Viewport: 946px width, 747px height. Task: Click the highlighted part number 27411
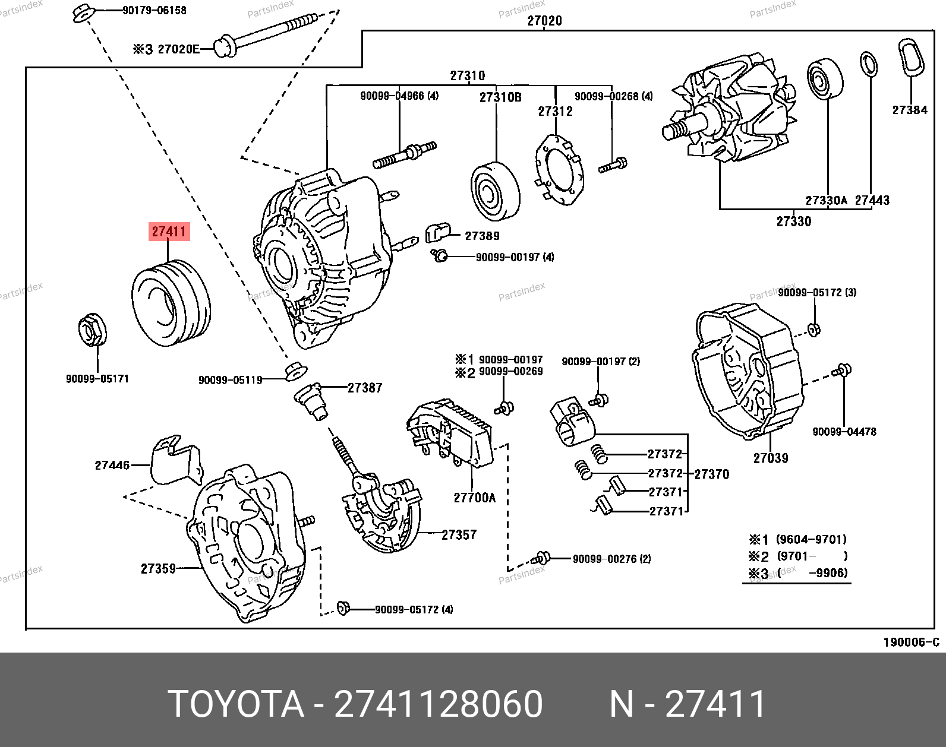coord(169,231)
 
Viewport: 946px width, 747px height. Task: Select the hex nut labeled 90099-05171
coord(92,330)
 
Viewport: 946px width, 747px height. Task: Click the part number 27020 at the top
coord(544,21)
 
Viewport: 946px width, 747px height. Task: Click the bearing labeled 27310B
coord(496,190)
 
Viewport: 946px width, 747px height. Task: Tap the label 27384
coord(909,110)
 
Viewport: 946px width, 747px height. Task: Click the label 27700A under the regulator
coord(474,498)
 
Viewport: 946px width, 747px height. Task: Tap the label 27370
coord(711,474)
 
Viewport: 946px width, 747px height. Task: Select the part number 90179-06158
coord(154,10)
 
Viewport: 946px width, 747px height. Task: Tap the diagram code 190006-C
coord(911,642)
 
